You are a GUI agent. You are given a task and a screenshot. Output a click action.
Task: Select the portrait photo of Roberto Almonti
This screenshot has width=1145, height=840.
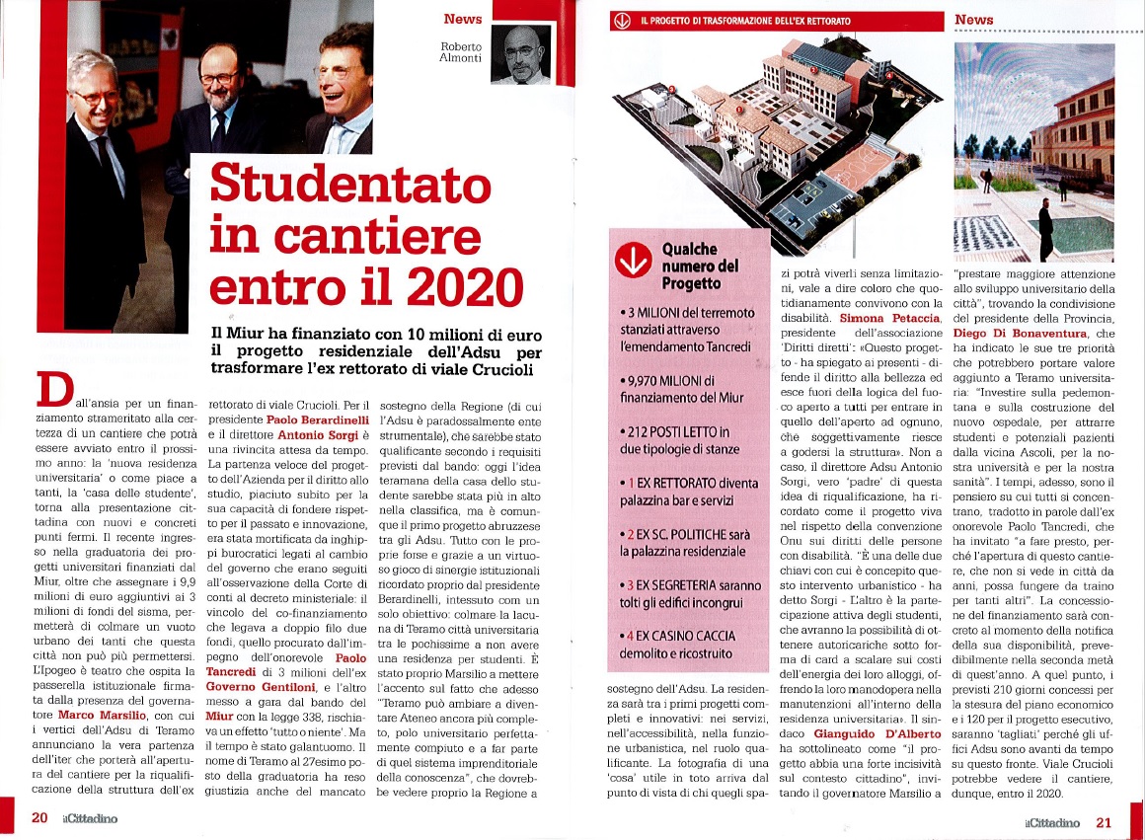pyautogui.click(x=525, y=55)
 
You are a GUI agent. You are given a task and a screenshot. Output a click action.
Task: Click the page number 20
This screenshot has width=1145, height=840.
pyautogui.click(x=39, y=817)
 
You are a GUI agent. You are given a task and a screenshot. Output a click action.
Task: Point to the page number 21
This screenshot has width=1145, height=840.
pyautogui.click(x=1104, y=821)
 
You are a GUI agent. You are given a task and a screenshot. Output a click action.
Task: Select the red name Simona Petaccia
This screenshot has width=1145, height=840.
pyautogui.click(x=885, y=318)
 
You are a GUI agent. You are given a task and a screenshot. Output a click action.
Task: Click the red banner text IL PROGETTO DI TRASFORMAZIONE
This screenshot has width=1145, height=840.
pyautogui.click(x=745, y=20)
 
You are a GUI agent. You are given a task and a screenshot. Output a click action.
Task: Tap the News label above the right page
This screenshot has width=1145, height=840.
pyautogui.click(x=973, y=19)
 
